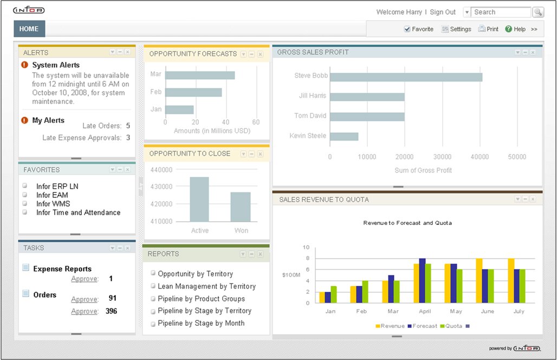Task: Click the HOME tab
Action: (x=29, y=29)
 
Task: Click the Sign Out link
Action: (x=443, y=12)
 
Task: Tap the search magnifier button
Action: (x=538, y=12)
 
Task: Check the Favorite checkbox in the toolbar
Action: (x=407, y=29)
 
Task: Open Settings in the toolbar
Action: (x=456, y=29)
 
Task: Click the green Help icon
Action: (x=509, y=29)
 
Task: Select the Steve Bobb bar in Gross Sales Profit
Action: (x=406, y=77)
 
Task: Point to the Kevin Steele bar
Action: (x=344, y=137)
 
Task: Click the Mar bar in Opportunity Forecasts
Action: (x=200, y=75)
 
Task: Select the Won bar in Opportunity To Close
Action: (x=241, y=207)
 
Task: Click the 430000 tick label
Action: (x=161, y=187)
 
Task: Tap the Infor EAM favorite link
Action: (x=52, y=195)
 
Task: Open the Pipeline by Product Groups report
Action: (x=201, y=299)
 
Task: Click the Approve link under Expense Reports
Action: (x=85, y=279)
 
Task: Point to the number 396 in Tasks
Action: (x=111, y=311)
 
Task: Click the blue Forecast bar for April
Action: (x=423, y=281)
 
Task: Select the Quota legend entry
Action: (x=451, y=326)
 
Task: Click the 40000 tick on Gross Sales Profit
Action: (x=480, y=157)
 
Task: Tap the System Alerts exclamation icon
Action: (x=24, y=65)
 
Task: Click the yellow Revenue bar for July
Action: (x=511, y=281)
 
